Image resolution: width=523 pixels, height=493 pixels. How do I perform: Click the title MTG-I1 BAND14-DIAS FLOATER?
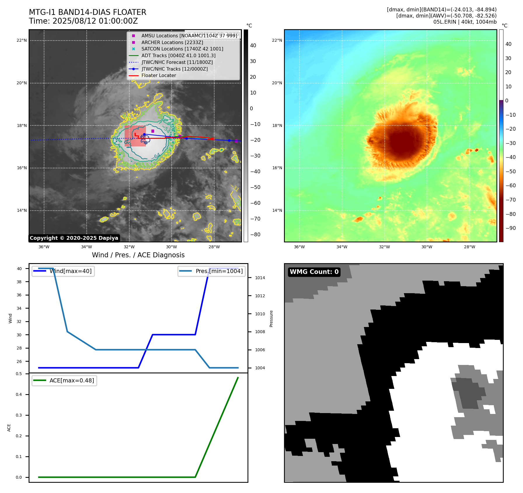pyautogui.click(x=88, y=12)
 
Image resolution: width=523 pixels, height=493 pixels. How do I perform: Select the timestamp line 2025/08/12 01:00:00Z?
pyautogui.click(x=83, y=21)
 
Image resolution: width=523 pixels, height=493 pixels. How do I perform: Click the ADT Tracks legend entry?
pyautogui.click(x=178, y=55)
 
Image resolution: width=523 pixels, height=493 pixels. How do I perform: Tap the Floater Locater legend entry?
pyautogui.click(x=159, y=75)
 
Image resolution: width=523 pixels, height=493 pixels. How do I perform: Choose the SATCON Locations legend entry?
pyautogui.click(x=182, y=49)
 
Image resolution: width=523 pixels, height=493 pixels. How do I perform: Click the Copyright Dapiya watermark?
pyautogui.click(x=74, y=238)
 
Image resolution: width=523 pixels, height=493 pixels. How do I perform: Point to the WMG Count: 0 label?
pyautogui.click(x=314, y=272)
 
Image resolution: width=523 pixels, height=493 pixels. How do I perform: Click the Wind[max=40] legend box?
pyautogui.click(x=63, y=271)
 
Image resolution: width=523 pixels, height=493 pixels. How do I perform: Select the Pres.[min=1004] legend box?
pyautogui.click(x=212, y=271)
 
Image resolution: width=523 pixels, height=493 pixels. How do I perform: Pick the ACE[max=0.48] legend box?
pyautogui.click(x=64, y=381)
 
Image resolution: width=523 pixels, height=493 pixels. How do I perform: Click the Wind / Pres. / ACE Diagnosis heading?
pyautogui.click(x=138, y=255)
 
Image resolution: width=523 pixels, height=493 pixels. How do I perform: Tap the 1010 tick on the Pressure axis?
pyautogui.click(x=260, y=314)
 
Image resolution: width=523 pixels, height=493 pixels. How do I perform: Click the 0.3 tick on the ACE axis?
pyautogui.click(x=19, y=415)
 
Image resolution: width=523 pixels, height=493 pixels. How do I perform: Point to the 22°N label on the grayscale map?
pyautogui.click(x=22, y=41)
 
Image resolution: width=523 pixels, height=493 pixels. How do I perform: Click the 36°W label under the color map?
pyautogui.click(x=299, y=247)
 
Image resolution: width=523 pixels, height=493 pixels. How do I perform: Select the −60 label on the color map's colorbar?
pyautogui.click(x=510, y=186)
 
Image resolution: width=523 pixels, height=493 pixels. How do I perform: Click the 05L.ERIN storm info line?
pyautogui.click(x=465, y=22)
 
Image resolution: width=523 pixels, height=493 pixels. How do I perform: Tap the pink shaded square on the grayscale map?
pyautogui.click(x=135, y=136)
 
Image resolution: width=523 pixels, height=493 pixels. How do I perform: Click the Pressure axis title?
pyautogui.click(x=271, y=319)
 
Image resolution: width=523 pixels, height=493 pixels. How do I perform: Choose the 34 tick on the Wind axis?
pyautogui.click(x=19, y=308)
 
